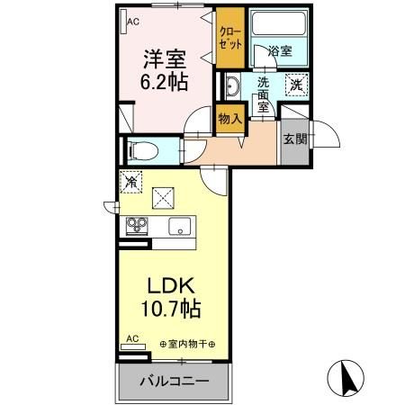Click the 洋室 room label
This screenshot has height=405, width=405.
click(164, 59)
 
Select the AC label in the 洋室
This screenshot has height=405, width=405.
click(132, 20)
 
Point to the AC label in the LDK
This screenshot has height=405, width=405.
click(132, 339)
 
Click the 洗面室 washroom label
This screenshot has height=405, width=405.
click(263, 94)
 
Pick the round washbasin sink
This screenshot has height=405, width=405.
click(231, 87)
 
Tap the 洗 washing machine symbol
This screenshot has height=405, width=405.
click(295, 85)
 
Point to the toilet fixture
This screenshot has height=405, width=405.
click(141, 149)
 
